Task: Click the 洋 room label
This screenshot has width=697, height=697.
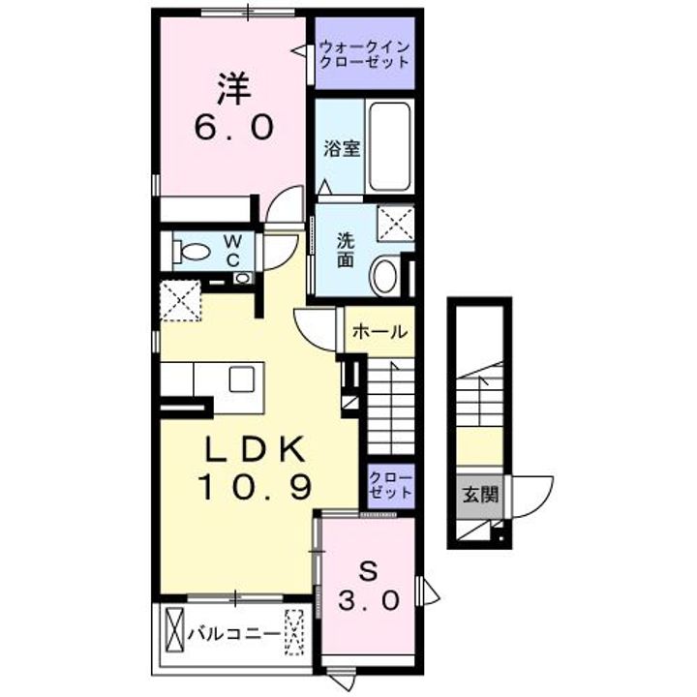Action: [x=234, y=89]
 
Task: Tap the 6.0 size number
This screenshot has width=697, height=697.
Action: [x=234, y=128]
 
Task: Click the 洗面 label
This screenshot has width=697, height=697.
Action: [x=345, y=249]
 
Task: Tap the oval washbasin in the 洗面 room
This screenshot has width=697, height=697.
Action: [x=385, y=275]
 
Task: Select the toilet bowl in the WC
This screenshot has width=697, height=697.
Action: [x=194, y=253]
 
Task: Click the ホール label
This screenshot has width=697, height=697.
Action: [x=379, y=332]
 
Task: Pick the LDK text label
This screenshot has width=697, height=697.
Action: [x=256, y=449]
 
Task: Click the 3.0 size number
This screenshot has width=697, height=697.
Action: [x=369, y=601]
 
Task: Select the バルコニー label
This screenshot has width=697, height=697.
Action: [x=233, y=635]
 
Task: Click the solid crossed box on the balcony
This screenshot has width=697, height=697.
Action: [x=175, y=630]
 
